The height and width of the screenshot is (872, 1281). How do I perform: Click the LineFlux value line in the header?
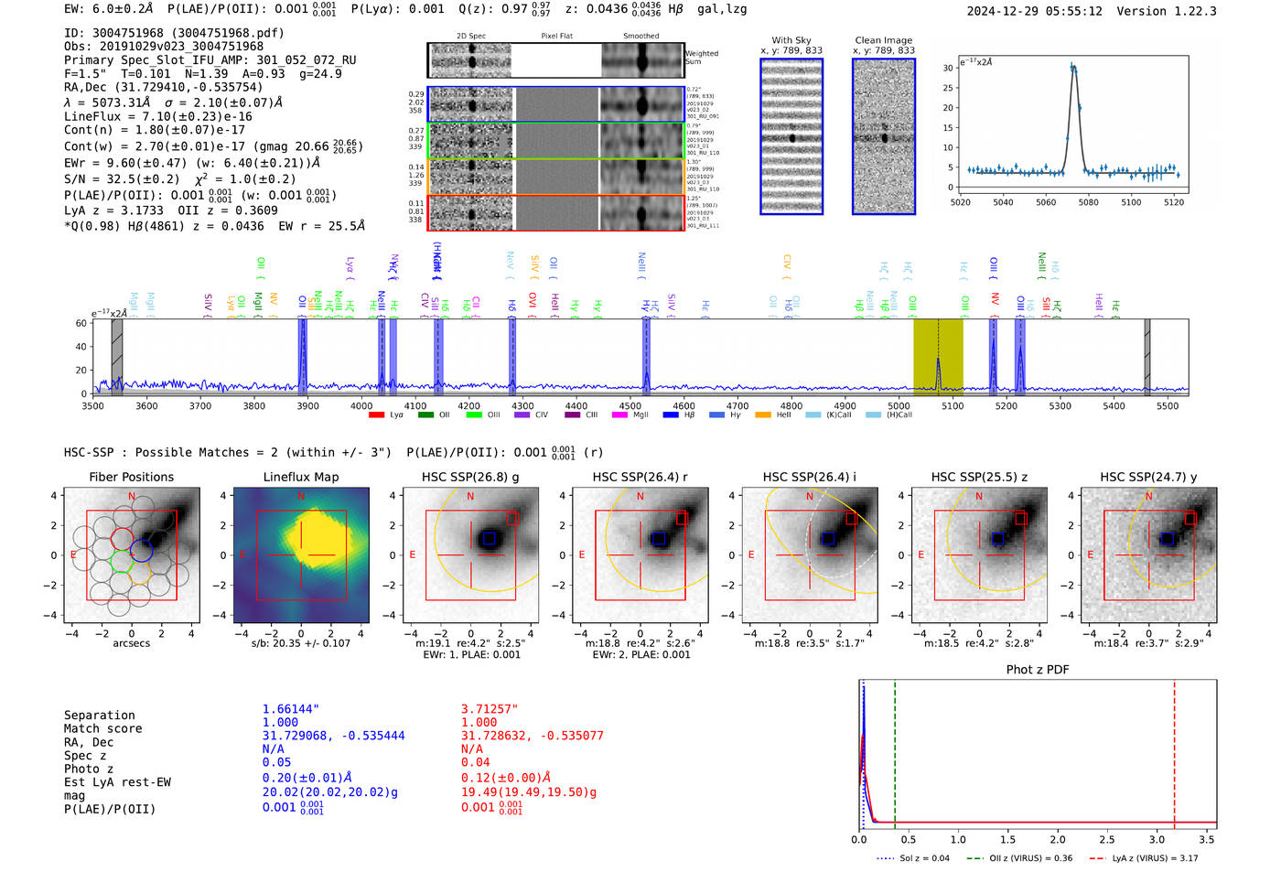158,116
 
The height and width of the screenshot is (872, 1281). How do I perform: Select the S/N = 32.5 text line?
179,179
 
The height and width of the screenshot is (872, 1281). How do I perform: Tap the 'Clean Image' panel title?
883,40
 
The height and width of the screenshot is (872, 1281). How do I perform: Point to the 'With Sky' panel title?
791,40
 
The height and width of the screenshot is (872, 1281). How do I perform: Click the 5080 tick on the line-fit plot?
1088,202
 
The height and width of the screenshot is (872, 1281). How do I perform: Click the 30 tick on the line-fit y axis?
948,68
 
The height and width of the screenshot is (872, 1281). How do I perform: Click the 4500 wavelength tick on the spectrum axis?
630,406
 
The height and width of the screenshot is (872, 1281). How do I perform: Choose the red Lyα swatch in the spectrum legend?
376,415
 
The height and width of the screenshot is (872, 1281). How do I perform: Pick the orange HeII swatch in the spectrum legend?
763,415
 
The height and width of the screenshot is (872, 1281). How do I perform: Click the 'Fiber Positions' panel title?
131,477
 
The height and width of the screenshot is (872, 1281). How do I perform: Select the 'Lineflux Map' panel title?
300,477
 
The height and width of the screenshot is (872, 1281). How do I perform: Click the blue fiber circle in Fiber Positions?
141,551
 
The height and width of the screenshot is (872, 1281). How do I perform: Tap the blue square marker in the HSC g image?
489,539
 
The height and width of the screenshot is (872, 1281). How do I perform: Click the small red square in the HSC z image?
1020,519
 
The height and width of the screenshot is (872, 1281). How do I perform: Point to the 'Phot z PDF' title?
1037,670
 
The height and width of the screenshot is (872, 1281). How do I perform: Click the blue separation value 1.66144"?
290,709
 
